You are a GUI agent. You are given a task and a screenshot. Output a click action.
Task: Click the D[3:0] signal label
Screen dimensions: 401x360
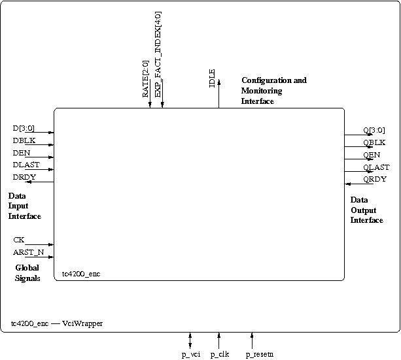pyautogui.click(x=24, y=128)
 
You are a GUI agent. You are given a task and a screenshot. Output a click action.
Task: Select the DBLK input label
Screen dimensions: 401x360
pyautogui.click(x=24, y=140)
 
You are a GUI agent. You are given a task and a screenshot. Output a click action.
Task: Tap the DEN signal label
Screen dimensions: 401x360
pyautogui.click(x=22, y=153)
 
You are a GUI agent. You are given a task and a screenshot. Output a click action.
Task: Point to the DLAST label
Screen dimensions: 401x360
pyautogui.click(x=26, y=165)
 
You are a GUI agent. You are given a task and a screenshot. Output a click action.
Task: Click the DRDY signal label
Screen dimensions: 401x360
pyautogui.click(x=24, y=177)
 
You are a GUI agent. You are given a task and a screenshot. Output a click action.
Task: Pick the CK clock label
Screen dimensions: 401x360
pyautogui.click(x=19, y=240)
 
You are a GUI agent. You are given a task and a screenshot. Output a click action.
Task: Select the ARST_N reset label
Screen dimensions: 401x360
pyautogui.click(x=29, y=252)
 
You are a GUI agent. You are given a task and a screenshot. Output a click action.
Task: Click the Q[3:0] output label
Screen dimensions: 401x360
pyautogui.click(x=374, y=130)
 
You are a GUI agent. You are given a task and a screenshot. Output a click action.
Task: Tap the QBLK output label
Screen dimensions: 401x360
pyautogui.click(x=374, y=142)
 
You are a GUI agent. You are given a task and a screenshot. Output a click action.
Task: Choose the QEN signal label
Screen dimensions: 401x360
pyautogui.click(x=372, y=155)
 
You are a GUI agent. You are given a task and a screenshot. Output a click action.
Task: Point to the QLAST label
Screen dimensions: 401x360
pyautogui.click(x=376, y=167)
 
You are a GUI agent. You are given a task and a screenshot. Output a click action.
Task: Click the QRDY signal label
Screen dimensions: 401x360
pyautogui.click(x=375, y=180)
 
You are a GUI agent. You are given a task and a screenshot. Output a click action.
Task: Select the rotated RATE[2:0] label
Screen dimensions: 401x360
pyautogui.click(x=145, y=79)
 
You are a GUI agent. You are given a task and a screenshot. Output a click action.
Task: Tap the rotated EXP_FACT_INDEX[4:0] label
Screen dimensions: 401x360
pyautogui.click(x=158, y=54)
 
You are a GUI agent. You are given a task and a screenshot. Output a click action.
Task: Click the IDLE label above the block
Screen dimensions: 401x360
pyautogui.click(x=212, y=78)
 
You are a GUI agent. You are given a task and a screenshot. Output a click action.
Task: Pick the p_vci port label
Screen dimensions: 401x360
pyautogui.click(x=191, y=355)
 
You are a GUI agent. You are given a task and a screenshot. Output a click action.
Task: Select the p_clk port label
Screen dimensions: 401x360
pyautogui.click(x=220, y=355)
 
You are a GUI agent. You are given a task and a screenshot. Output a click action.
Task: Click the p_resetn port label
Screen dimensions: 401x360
pyautogui.click(x=260, y=355)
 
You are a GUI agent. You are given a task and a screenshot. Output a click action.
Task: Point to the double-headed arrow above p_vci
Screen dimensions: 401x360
pyautogui.click(x=190, y=340)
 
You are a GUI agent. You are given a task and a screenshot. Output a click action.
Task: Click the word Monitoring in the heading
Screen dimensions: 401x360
pyautogui.click(x=262, y=91)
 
